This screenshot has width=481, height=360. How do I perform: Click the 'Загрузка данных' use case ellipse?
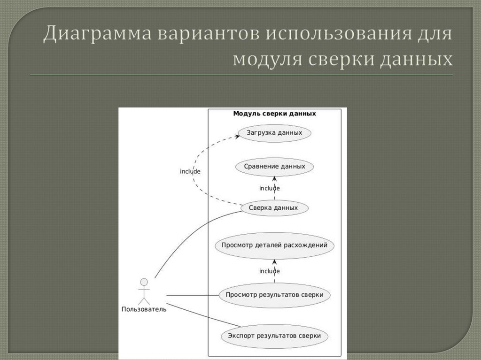pos(274,133)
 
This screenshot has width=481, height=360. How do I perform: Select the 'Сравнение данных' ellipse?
pos(274,167)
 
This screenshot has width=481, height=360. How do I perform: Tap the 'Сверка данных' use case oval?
pos(274,208)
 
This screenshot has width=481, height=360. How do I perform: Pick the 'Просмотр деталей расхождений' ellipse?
pos(274,245)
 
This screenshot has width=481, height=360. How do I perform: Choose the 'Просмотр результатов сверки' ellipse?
pos(274,295)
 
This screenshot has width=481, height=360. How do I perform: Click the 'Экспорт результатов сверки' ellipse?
pos(274,336)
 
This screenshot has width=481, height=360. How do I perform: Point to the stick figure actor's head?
pos(144,282)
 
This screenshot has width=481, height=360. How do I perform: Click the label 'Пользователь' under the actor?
pos(144,309)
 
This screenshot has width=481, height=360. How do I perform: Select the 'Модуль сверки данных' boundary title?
pos(274,114)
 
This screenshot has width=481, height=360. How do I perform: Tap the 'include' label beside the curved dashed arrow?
pos(190,171)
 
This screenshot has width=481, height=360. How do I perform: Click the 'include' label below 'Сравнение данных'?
pos(270,188)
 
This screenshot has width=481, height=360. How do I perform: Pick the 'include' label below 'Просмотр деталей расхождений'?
pos(270,271)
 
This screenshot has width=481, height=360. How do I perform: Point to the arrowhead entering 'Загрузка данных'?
pos(236,136)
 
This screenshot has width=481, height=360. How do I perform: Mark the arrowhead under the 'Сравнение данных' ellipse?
pos(274,178)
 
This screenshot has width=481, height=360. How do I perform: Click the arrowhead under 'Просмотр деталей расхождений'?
pos(274,261)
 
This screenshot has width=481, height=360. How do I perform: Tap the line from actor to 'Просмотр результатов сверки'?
pos(193,296)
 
